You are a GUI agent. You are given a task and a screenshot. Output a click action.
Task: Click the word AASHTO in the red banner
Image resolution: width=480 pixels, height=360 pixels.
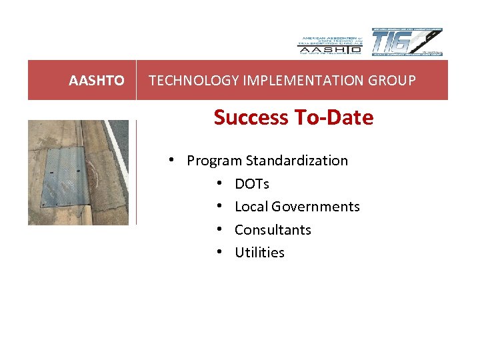tap(96, 81)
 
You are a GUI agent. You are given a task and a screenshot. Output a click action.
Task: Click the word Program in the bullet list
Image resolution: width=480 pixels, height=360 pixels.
tap(214, 161)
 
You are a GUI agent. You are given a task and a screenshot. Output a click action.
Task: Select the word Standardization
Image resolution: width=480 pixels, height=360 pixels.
tap(297, 161)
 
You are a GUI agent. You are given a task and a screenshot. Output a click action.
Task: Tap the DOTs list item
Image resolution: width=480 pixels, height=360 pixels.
tap(252, 183)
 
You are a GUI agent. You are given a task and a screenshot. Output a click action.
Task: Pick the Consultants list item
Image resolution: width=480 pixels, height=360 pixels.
tap(273, 229)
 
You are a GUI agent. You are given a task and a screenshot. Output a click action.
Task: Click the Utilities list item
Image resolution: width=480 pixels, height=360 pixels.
tap(259, 253)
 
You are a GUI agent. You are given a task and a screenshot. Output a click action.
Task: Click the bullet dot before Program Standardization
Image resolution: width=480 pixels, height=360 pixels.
tap(172, 161)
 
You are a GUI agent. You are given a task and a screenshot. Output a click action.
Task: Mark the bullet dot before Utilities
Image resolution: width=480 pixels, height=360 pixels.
tap(219, 253)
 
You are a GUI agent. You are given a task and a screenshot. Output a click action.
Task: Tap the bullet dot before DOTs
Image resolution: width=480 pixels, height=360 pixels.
tap(219, 183)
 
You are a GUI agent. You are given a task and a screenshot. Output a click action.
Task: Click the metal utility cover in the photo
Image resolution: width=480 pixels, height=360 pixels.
tap(64, 177)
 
